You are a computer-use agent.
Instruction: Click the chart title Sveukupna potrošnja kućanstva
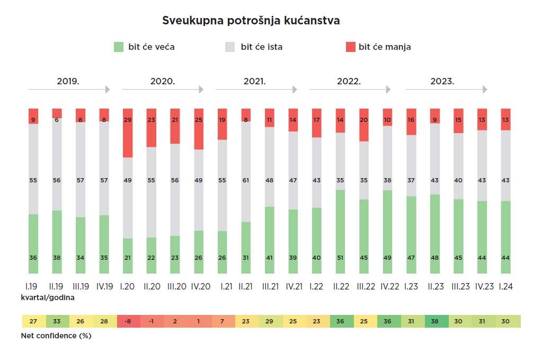tap(251, 21)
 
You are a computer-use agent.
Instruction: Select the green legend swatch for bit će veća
tap(119, 47)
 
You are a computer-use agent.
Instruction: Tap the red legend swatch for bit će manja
tap(350, 47)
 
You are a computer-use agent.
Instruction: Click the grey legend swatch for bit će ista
tap(230, 47)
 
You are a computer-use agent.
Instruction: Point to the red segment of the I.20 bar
tap(127, 133)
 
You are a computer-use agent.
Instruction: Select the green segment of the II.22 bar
tap(340, 232)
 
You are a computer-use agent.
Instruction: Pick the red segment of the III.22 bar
tap(363, 125)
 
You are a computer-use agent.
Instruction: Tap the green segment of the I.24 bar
tap(505, 237)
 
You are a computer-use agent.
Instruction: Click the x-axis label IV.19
tap(104, 287)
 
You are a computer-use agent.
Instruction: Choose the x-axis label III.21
tap(270, 287)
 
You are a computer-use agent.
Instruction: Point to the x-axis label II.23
tap(435, 287)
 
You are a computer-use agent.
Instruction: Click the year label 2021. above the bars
tap(255, 82)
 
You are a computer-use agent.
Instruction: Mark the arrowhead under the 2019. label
tap(108, 90)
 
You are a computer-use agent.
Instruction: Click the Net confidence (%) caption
tap(56, 336)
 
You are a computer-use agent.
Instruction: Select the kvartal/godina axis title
tap(48, 297)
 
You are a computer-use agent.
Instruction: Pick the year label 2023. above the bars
tap(442, 82)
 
